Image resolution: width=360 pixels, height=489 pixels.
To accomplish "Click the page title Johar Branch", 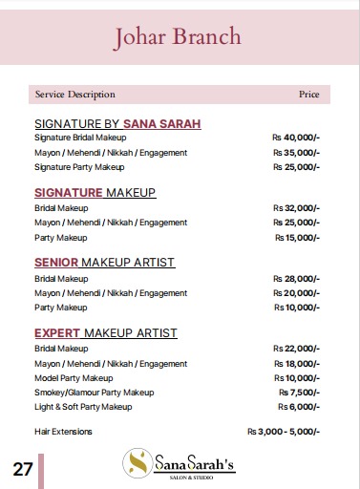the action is click(x=178, y=37).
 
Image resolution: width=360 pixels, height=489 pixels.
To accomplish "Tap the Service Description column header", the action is click(x=74, y=95).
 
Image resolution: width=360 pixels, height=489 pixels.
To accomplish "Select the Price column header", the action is click(x=308, y=95).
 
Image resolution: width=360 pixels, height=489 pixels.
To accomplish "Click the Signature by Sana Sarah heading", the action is click(x=117, y=123).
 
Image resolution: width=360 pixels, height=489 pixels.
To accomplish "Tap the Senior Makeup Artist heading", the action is click(x=104, y=262).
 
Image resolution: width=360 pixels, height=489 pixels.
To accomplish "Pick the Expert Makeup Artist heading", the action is click(x=105, y=332).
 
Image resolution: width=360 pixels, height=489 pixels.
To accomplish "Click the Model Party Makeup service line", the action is click(x=73, y=378).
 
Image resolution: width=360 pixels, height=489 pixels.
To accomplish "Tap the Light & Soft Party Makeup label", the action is click(x=83, y=407).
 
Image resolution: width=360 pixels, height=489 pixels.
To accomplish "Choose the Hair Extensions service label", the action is click(x=63, y=432).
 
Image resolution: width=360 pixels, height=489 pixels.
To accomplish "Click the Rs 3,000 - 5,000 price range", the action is click(x=284, y=432).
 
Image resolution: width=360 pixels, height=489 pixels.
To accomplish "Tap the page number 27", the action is click(x=23, y=469).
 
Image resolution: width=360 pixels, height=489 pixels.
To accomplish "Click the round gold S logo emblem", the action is click(x=139, y=465).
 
